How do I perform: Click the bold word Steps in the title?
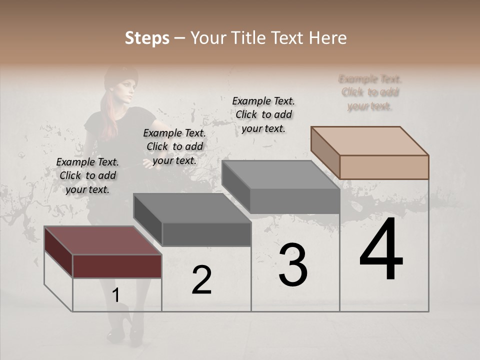point(147,38)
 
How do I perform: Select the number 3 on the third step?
point(292,265)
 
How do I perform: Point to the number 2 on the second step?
point(201,280)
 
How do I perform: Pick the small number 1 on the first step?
point(115,295)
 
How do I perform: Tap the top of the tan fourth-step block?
point(369,140)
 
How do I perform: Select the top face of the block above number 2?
point(192,207)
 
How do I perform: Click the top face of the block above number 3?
point(280,175)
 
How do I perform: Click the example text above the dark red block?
point(87,175)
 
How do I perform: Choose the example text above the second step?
point(174,146)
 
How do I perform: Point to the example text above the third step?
point(263,114)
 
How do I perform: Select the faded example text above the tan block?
point(370,92)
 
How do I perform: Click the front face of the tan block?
point(384,167)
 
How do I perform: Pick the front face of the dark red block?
point(117,266)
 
